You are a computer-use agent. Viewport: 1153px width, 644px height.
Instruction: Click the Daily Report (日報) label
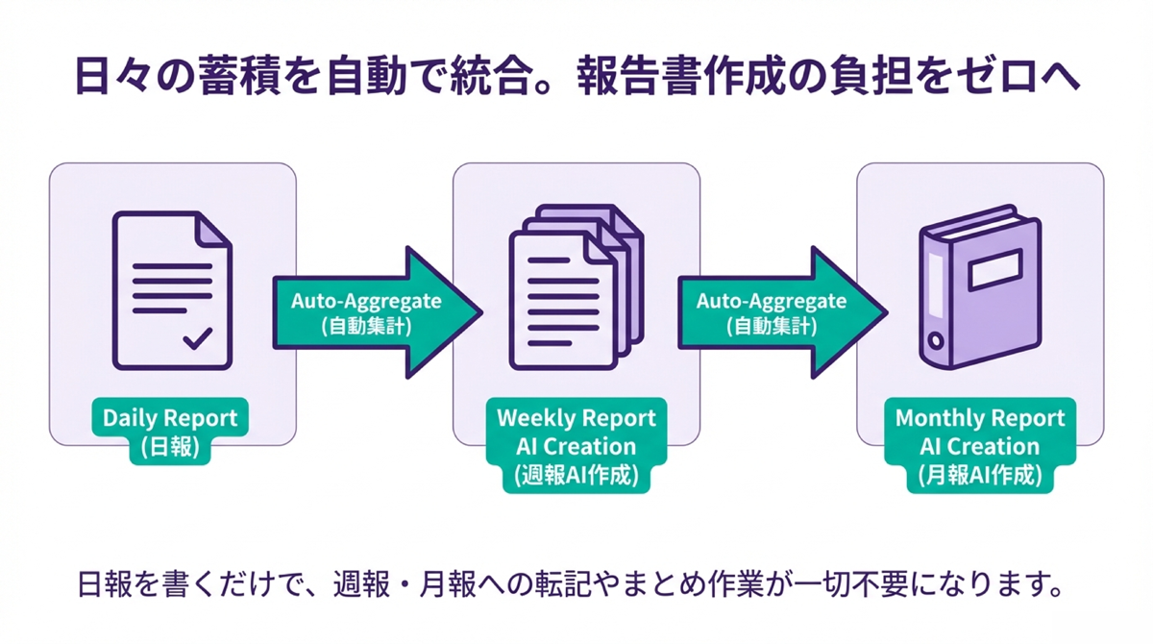[172, 432]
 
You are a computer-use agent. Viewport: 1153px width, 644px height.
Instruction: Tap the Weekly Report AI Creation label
[576, 432]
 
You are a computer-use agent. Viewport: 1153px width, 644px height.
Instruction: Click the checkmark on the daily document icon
[197, 338]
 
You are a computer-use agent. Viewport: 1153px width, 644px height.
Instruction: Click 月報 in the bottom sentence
[450, 584]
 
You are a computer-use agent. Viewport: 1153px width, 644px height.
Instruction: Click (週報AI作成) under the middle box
[576, 476]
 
